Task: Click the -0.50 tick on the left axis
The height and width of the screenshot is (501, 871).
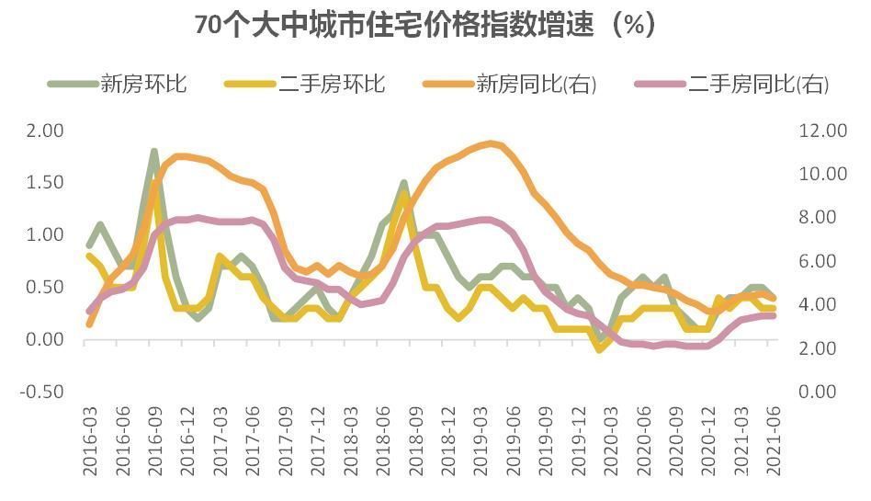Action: click(43, 392)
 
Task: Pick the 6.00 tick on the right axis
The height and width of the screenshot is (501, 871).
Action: click(820, 261)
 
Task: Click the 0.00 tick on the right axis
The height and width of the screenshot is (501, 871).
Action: click(820, 392)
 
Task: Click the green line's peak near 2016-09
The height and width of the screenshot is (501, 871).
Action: click(154, 152)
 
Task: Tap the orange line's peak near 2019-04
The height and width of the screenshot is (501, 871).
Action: click(492, 143)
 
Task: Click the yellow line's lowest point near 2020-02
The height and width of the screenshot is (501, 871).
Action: click(600, 349)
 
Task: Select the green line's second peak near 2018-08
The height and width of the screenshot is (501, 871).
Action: click(403, 184)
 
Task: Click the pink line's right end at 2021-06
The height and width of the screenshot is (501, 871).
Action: click(773, 315)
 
